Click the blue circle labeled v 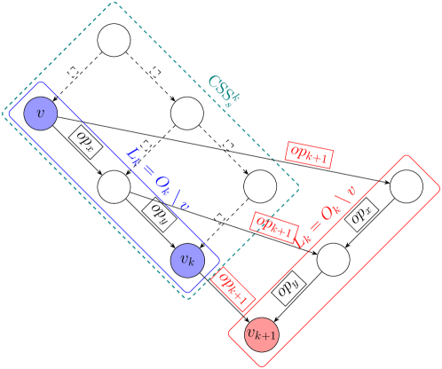pos(40,113)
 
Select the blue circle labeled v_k pos(187,260)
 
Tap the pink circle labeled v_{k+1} pos(262,334)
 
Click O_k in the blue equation pos(162,184)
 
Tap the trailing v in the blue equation pos(185,205)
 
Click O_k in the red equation pos(330,211)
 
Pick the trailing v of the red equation pos(351,190)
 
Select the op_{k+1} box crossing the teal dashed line pos(274,225)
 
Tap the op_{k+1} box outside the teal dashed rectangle pos(309,154)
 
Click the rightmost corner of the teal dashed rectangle pos(298,188)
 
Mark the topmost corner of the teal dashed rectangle pos(114,4)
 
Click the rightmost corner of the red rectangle pos(439,188)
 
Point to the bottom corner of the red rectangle pos(264,365)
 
